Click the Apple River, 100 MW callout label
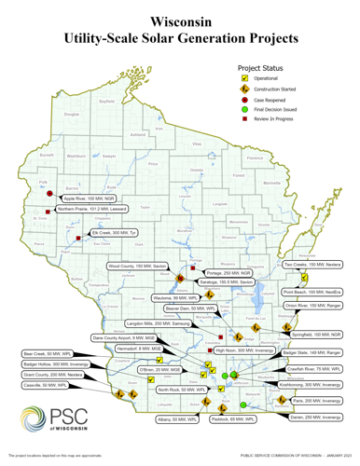(x=89, y=199)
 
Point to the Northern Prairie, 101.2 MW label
(x=91, y=210)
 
